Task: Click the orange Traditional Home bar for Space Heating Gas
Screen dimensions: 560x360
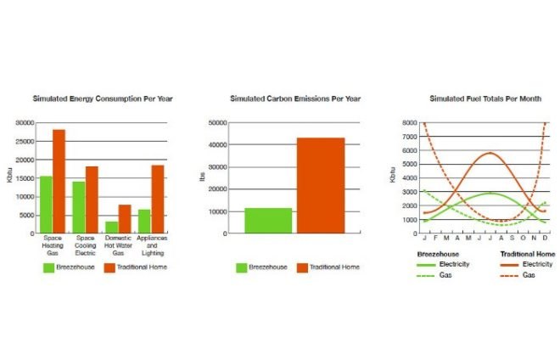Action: pyautogui.click(x=59, y=181)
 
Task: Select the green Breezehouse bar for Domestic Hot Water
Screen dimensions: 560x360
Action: pyautogui.click(x=111, y=228)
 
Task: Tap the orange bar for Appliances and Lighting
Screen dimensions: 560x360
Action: pyautogui.click(x=158, y=200)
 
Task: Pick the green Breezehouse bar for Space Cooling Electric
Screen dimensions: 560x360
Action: pyautogui.click(x=79, y=207)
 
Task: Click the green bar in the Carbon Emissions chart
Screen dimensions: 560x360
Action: pyautogui.click(x=268, y=221)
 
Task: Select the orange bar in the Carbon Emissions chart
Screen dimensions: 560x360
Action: pyautogui.click(x=321, y=186)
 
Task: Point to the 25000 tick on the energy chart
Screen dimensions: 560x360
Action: pyautogui.click(x=25, y=142)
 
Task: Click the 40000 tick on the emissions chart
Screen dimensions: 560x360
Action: pyautogui.click(x=217, y=145)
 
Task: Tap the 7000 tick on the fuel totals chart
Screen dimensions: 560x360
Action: pyautogui.click(x=410, y=137)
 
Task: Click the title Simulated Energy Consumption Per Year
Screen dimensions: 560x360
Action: pyautogui.click(x=103, y=98)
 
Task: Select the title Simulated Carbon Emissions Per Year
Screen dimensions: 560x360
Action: pyautogui.click(x=295, y=98)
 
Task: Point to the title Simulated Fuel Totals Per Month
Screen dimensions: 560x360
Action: pyautogui.click(x=485, y=98)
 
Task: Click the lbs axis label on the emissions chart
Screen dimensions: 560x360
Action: pyautogui.click(x=202, y=177)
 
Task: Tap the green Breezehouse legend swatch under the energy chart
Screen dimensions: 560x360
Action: pyautogui.click(x=48, y=267)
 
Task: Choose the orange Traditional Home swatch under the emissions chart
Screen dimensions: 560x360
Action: pyautogui.click(x=302, y=267)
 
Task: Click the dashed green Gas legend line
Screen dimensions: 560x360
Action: pyautogui.click(x=425, y=276)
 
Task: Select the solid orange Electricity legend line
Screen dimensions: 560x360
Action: pyautogui.click(x=509, y=265)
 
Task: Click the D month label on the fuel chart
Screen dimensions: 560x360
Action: pyautogui.click(x=545, y=238)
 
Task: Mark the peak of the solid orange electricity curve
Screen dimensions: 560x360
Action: pyautogui.click(x=490, y=153)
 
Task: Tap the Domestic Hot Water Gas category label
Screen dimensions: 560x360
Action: pyautogui.click(x=118, y=245)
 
